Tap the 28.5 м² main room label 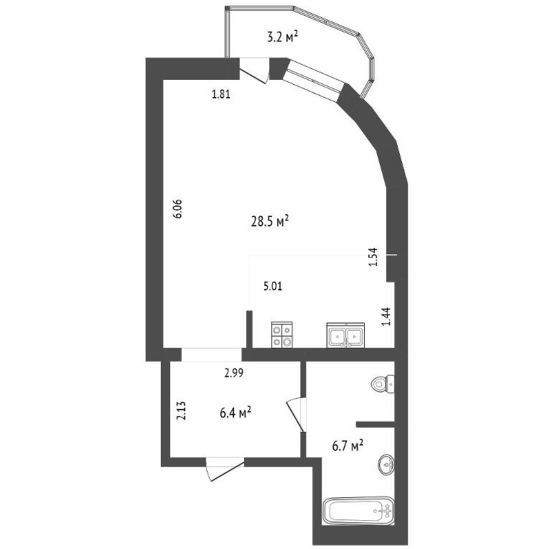[270, 222]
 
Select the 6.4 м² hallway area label [235, 413]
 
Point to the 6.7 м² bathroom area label [348, 446]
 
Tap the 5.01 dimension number [273, 287]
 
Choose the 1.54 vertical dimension [373, 257]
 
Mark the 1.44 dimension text [386, 317]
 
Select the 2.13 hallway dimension [181, 410]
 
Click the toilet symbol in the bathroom [383, 384]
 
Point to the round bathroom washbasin [386, 465]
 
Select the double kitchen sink [346, 336]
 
